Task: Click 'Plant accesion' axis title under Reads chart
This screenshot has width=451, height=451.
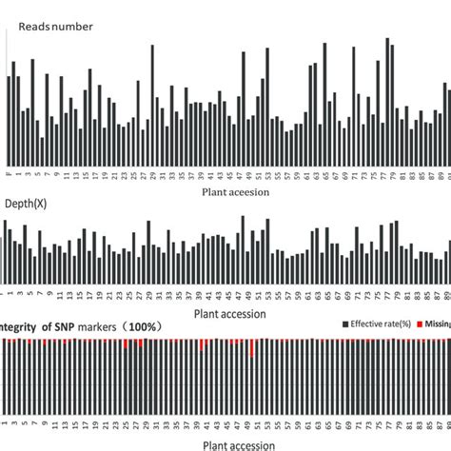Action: (x=235, y=191)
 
